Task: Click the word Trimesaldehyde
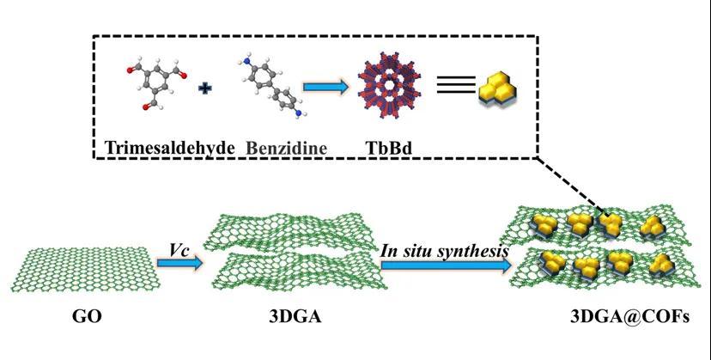(x=170, y=148)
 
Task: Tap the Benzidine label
(x=286, y=148)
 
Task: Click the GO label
(x=87, y=316)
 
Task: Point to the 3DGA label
(x=295, y=316)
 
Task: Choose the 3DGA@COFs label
(x=629, y=316)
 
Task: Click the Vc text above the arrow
(x=179, y=250)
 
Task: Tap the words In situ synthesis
(x=444, y=251)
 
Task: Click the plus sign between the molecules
(x=205, y=88)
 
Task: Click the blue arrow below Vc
(x=179, y=263)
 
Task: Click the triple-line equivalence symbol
(x=456, y=85)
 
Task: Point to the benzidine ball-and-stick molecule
(x=270, y=88)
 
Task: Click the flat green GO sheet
(x=86, y=269)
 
